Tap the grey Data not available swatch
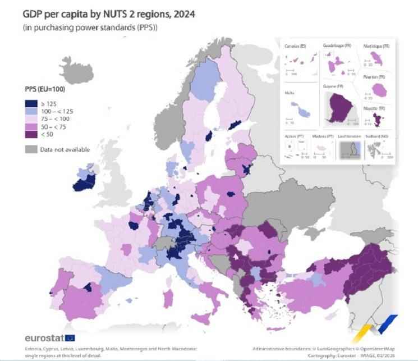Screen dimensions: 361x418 31,149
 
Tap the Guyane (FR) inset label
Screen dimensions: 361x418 333,87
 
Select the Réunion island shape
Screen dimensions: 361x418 380,89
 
